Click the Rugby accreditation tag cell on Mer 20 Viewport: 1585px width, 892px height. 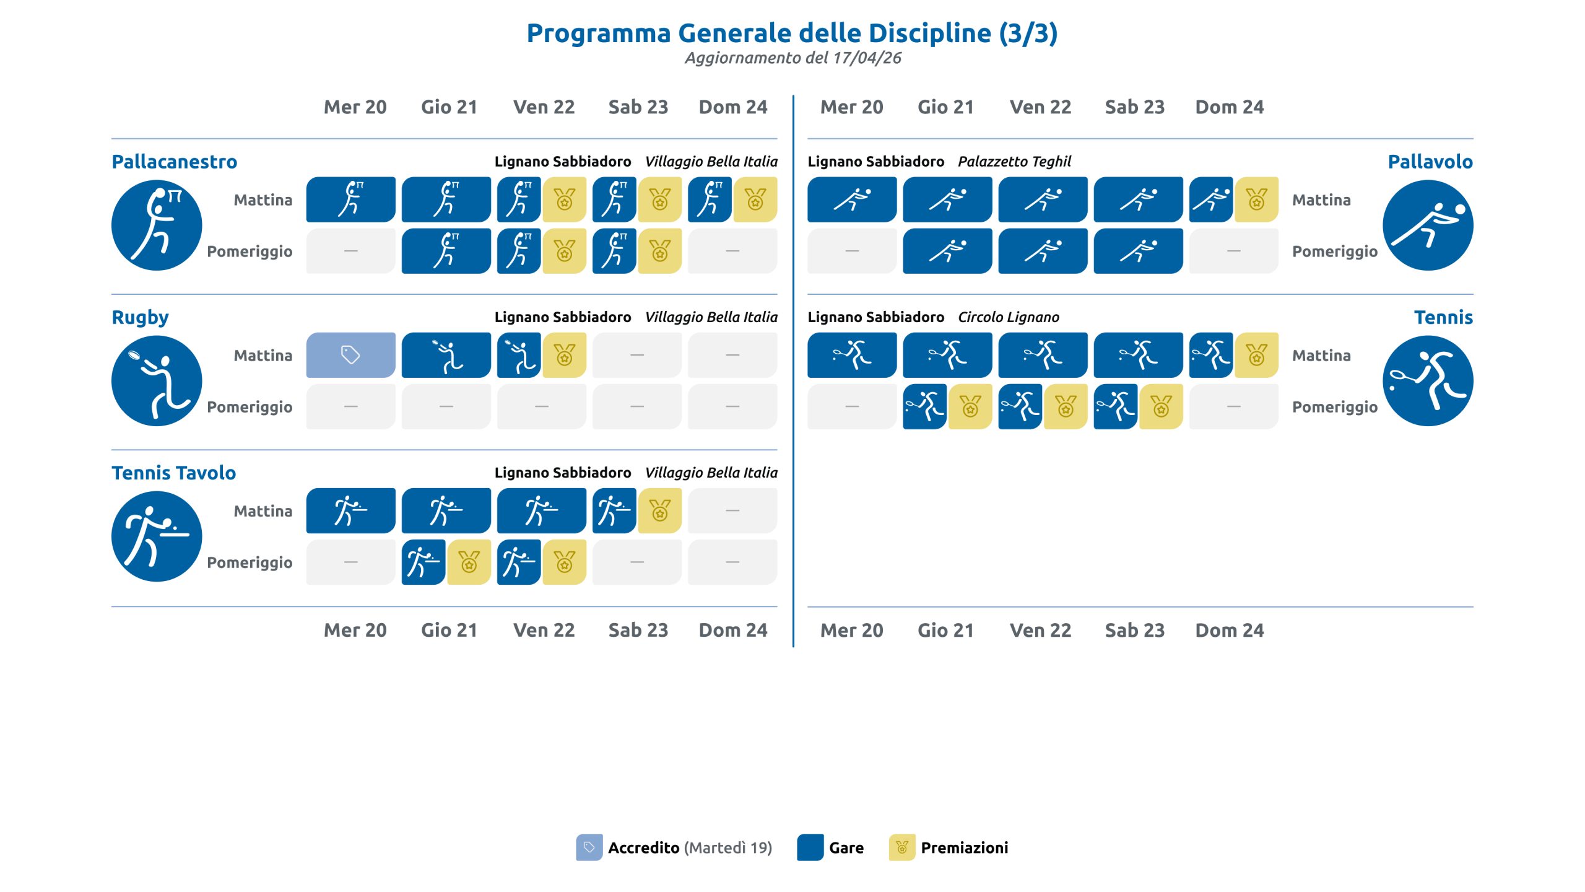[x=350, y=355]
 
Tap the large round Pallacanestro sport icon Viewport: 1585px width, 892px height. [x=157, y=225]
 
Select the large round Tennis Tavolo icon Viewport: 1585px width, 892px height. [x=157, y=536]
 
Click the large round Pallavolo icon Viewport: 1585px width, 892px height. [x=1428, y=225]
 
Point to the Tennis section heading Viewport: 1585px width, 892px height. [x=1443, y=317]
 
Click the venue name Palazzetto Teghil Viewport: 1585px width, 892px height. [x=1014, y=162]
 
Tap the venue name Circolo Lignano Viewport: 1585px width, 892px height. [x=1009, y=317]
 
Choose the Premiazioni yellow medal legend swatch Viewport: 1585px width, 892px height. [x=902, y=847]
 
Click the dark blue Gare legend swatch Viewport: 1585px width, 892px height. [x=810, y=847]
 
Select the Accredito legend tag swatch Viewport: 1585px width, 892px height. [x=589, y=847]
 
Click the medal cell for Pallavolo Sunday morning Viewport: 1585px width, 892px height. [x=1256, y=199]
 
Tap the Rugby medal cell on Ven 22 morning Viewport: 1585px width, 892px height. [x=565, y=355]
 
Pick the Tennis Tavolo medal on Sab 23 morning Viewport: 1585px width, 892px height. [x=660, y=510]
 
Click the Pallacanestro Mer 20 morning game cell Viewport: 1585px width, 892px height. [x=350, y=199]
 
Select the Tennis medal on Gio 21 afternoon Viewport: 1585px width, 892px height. [x=970, y=406]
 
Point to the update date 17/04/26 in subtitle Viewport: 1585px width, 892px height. [x=867, y=58]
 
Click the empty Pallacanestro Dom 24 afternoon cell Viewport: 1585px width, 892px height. [x=732, y=251]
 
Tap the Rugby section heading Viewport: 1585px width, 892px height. [x=140, y=318]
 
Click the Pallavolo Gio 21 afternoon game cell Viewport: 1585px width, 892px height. [x=947, y=251]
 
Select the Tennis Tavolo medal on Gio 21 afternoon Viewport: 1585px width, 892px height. [x=469, y=562]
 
